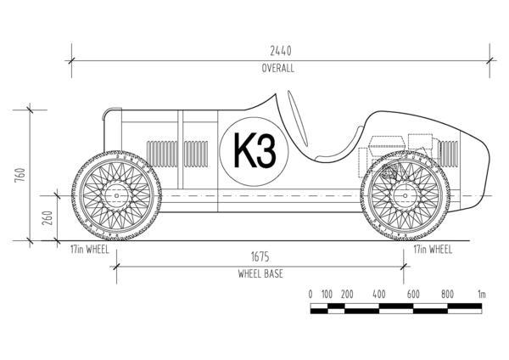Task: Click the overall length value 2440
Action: [277, 51]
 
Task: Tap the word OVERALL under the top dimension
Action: [277, 69]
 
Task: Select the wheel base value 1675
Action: [260, 256]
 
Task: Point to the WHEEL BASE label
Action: [260, 274]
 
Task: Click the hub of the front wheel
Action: [117, 196]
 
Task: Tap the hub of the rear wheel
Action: [403, 196]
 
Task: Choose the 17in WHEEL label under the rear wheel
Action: [431, 250]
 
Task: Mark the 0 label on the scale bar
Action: [310, 294]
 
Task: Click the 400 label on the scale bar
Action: [379, 294]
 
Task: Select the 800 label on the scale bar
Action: [447, 294]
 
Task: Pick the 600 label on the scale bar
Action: [413, 294]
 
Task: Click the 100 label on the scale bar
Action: [327, 294]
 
